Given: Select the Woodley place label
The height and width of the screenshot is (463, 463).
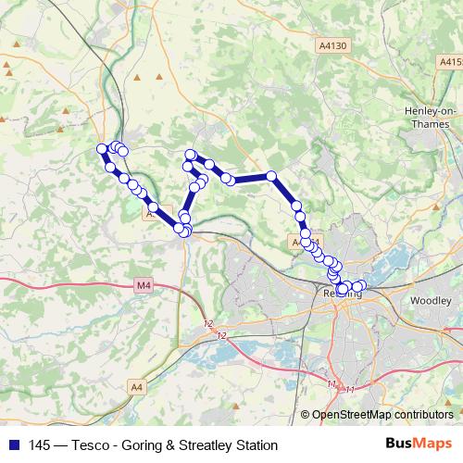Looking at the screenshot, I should pyautogui.click(x=430, y=301).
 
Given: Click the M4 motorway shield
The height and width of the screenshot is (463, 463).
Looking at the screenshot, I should pyautogui.click(x=142, y=285).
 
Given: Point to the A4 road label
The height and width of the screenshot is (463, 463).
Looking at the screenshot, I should pyautogui.click(x=137, y=386).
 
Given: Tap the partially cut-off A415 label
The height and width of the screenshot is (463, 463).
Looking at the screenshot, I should pyautogui.click(x=451, y=61).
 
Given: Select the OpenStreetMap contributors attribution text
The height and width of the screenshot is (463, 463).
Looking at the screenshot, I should pyautogui.click(x=382, y=416).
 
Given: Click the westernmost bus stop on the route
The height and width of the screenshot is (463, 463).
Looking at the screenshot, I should pyautogui.click(x=102, y=149).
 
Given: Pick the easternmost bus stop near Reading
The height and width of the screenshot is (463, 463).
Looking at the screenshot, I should pyautogui.click(x=361, y=285).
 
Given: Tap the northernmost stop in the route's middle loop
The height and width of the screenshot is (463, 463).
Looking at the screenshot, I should pyautogui.click(x=191, y=155).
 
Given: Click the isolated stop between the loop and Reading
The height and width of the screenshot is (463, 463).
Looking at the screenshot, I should pyautogui.click(x=271, y=176).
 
